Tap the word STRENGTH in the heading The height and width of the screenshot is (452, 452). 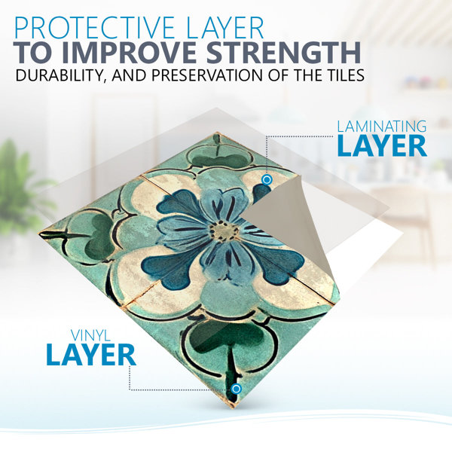click(284, 53)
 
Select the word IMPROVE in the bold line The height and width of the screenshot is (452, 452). click(129, 53)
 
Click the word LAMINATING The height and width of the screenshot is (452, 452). click(382, 127)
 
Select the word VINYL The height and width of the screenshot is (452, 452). click(91, 335)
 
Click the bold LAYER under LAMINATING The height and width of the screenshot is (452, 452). click(382, 145)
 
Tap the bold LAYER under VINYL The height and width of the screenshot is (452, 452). click(91, 354)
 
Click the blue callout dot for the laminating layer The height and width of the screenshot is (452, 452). click(267, 180)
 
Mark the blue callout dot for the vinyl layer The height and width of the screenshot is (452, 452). click(237, 389)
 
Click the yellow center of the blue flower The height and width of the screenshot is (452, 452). click(224, 231)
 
